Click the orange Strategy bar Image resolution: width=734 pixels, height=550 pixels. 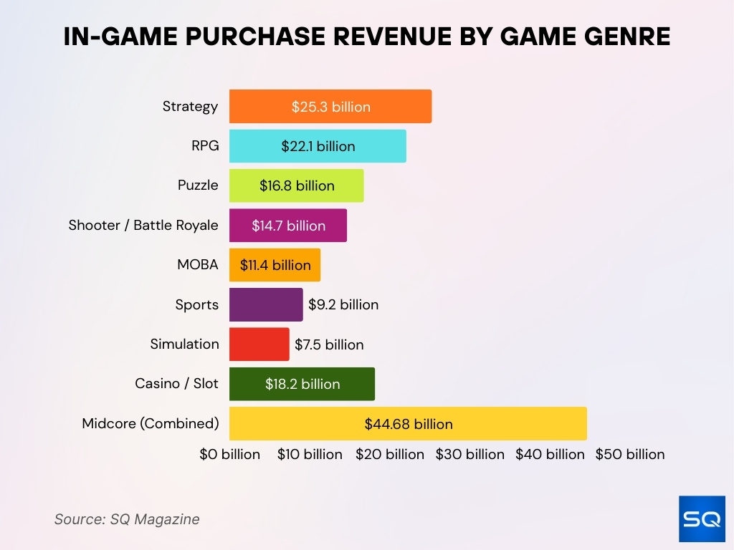pyautogui.click(x=330, y=107)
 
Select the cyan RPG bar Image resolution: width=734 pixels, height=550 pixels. pyautogui.click(x=318, y=146)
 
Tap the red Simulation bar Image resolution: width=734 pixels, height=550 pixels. pyautogui.click(x=259, y=344)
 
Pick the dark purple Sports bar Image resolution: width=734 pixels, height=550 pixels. pyautogui.click(x=266, y=304)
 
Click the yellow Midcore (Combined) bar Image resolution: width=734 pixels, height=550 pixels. pyautogui.click(x=408, y=424)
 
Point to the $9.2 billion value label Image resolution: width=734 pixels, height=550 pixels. pyautogui.click(x=343, y=304)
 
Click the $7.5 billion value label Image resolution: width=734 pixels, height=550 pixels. pyautogui.click(x=329, y=344)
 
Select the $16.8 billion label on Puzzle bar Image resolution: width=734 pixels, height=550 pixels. pyautogui.click(x=297, y=185)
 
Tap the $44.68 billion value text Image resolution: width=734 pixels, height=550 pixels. pyautogui.click(x=409, y=424)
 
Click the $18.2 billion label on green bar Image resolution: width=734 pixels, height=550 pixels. pyautogui.click(x=302, y=384)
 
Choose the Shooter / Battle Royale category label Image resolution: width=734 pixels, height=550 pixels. pyautogui.click(x=143, y=225)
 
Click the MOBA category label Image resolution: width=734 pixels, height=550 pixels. pyautogui.click(x=198, y=264)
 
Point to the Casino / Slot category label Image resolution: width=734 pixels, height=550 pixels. pyautogui.click(x=176, y=383)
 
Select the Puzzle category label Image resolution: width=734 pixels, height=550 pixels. pyautogui.click(x=198, y=185)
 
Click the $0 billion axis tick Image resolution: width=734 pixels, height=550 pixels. pyautogui.click(x=229, y=454)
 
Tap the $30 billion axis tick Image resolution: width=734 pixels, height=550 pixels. pyautogui.click(x=470, y=454)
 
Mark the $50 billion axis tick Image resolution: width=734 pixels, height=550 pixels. pyautogui.click(x=629, y=454)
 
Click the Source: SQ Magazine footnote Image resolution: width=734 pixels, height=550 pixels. pyautogui.click(x=127, y=519)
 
